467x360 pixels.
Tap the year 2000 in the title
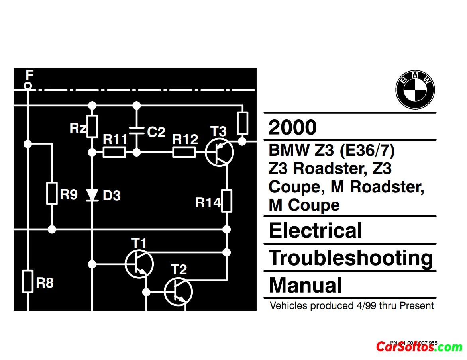292,127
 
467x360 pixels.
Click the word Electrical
316,231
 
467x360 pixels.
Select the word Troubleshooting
351,258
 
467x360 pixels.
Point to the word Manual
305,285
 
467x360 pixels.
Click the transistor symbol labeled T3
220,152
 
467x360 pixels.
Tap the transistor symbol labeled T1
139,263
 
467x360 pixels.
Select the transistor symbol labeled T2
178,292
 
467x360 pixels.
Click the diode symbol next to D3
92,195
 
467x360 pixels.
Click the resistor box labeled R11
114,152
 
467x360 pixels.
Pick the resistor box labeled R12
184,152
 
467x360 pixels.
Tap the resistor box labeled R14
226,200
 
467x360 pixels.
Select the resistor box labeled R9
52,194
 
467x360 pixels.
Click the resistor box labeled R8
27,281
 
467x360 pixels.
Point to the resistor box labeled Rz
92,126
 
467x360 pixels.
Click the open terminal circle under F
27,86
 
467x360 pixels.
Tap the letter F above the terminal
29,74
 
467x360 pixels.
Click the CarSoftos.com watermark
419,347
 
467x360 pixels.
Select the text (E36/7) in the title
367,151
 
